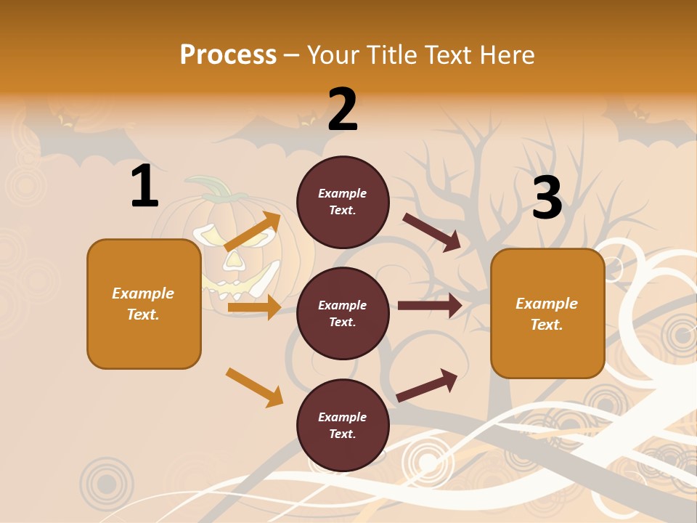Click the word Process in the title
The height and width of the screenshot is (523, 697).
point(228,54)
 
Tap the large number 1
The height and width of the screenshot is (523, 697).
point(144,187)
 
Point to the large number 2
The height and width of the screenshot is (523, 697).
point(343,110)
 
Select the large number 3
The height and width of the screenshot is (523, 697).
point(547,198)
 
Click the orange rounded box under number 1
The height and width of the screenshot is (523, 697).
point(144,304)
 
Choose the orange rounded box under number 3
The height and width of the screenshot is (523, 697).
point(547,313)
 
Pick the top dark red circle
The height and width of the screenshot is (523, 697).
point(343,201)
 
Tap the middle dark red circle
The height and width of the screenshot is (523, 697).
point(343,313)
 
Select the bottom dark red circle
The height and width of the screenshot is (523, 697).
point(343,425)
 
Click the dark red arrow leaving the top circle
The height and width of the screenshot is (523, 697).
point(432,232)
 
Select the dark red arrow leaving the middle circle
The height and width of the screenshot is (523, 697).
point(430,305)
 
